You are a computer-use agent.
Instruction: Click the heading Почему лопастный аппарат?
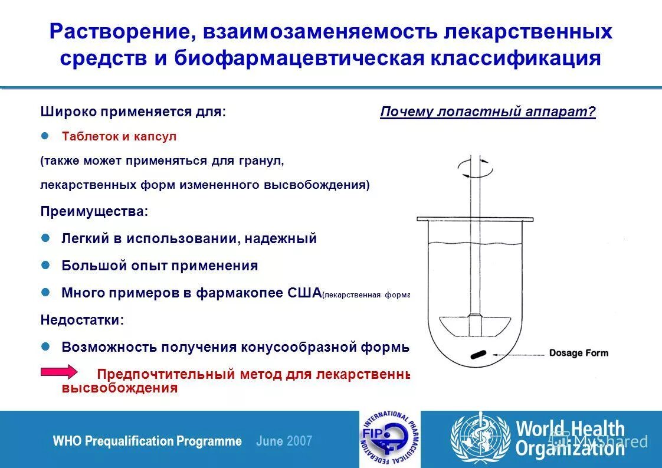tap(488, 112)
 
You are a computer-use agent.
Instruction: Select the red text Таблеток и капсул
tap(119, 136)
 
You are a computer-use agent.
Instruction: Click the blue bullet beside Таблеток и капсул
tap(44, 136)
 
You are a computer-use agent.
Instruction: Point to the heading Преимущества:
tap(94, 211)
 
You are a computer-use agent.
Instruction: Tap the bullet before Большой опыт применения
tap(44, 266)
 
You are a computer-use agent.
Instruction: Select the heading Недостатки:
tap(82, 320)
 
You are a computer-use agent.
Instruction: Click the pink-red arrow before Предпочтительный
tap(58, 372)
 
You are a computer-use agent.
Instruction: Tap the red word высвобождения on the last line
tap(120, 388)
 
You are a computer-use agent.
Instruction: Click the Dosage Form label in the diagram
tap(578, 353)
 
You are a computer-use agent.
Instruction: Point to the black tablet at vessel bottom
tap(477, 354)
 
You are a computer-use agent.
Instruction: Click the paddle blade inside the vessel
tap(475, 325)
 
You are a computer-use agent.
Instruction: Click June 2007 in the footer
tap(284, 441)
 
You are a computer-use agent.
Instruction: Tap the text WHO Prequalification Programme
tap(147, 441)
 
